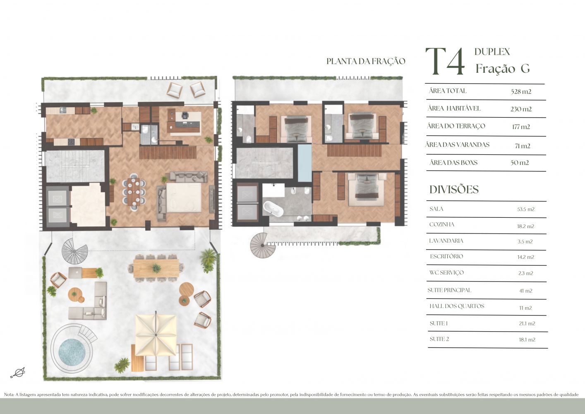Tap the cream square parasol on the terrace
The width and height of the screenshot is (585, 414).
[156, 335]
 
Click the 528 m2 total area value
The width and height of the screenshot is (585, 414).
[521, 91]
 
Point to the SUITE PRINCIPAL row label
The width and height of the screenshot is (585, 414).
[449, 290]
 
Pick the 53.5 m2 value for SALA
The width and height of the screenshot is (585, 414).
[526, 209]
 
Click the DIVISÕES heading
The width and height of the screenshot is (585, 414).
[454, 190]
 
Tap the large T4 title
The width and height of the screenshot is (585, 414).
[446, 62]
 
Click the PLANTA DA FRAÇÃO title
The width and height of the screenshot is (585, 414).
[366, 61]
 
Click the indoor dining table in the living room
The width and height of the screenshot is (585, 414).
[134, 192]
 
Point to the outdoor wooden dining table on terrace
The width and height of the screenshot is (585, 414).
[156, 268]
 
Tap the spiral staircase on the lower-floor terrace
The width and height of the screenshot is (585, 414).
[74, 251]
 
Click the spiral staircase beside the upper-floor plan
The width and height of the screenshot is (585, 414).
[262, 245]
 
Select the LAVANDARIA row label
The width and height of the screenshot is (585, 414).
[446, 241]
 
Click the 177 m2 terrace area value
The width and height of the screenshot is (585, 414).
[521, 127]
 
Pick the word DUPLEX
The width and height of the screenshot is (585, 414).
[492, 52]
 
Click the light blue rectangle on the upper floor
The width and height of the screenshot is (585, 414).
[304, 163]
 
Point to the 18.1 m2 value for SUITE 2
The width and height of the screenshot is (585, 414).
[527, 339]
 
